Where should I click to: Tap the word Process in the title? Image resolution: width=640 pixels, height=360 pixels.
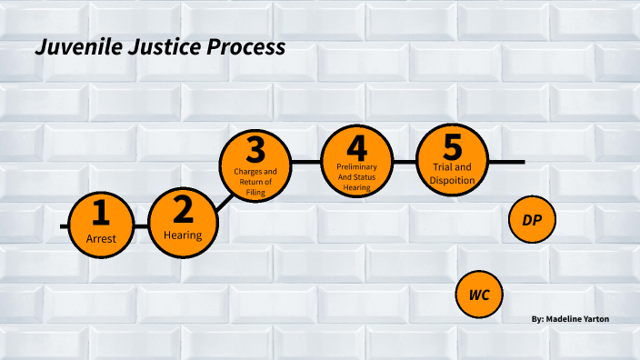point(244,46)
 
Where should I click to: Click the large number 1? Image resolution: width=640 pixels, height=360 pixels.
point(101,214)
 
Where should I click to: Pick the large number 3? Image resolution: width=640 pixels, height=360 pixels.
point(255,149)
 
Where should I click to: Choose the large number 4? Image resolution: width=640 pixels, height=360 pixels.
point(356,147)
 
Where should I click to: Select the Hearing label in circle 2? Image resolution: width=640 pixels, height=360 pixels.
point(183,235)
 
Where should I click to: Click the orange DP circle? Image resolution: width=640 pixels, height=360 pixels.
point(532,220)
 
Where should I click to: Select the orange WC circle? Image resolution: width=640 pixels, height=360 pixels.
point(479,295)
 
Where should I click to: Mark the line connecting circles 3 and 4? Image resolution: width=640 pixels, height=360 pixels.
point(305,162)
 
